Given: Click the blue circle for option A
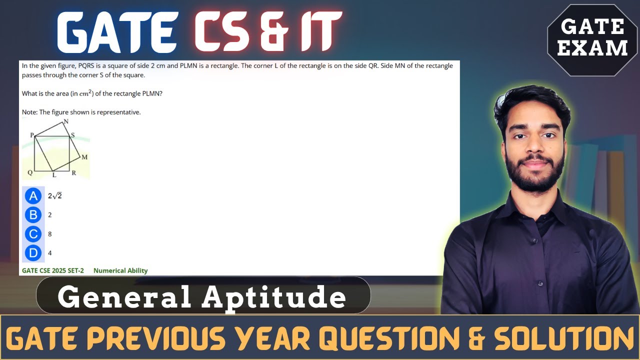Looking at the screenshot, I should pyautogui.click(x=33, y=196).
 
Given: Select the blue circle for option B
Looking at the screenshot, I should pyautogui.click(x=33, y=215).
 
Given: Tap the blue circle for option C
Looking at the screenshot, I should pyautogui.click(x=33, y=234).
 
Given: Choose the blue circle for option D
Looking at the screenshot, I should pyautogui.click(x=33, y=253).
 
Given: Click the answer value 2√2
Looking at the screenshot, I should pyautogui.click(x=54, y=196).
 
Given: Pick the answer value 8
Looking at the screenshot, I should pyautogui.click(x=50, y=234).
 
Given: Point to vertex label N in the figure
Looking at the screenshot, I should pyautogui.click(x=66, y=121).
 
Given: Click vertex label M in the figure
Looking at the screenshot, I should pyautogui.click(x=84, y=157).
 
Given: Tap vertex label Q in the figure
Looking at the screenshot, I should pyautogui.click(x=30, y=172).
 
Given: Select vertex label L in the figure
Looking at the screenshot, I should pyautogui.click(x=54, y=175).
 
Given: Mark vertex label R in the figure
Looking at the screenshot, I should pyautogui.click(x=73, y=173).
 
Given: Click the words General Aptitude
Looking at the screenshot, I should pyautogui.click(x=202, y=297).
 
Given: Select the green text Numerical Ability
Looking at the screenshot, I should pyautogui.click(x=120, y=270).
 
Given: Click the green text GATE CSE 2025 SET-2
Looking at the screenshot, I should pyautogui.click(x=53, y=270).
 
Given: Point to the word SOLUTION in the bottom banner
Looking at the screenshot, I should pyautogui.click(x=564, y=338).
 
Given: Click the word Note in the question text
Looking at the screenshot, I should pyautogui.click(x=29, y=112).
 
